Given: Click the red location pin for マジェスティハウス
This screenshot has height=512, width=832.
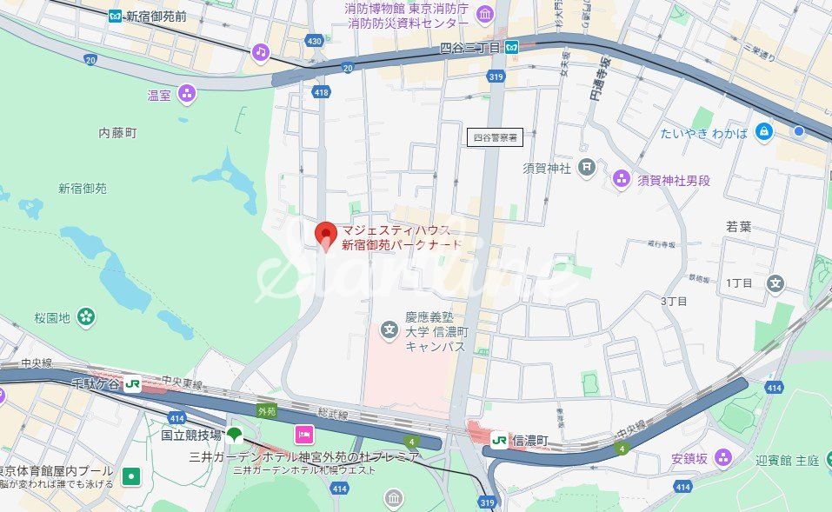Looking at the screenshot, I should pyautogui.click(x=325, y=235).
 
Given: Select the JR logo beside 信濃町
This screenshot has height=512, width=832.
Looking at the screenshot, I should pyautogui.click(x=499, y=441).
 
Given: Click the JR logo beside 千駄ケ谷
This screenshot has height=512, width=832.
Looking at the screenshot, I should pyautogui.click(x=132, y=383).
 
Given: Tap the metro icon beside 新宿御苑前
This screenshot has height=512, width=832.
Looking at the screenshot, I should pyautogui.click(x=116, y=16).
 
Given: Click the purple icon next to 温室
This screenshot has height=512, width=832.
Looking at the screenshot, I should pyautogui.click(x=186, y=94).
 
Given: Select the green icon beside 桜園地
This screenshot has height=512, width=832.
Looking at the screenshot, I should pyautogui.click(x=86, y=317).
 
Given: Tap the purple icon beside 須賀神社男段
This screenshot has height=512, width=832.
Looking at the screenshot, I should pyautogui.click(x=621, y=179).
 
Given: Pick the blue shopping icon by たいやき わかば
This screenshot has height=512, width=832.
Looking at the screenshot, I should pyautogui.click(x=764, y=132).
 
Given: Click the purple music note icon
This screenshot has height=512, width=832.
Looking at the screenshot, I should pyautogui.click(x=261, y=52).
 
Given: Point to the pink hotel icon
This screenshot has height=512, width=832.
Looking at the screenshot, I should pyautogui.click(x=304, y=434).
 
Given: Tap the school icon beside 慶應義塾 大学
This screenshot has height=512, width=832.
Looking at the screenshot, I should pyautogui.click(x=390, y=330).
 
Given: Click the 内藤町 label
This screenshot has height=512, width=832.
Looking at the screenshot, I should pyautogui.click(x=118, y=133).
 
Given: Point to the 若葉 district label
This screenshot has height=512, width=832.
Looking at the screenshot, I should pyautogui.click(x=739, y=226).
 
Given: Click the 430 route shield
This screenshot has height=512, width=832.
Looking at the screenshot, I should pyautogui.click(x=315, y=42).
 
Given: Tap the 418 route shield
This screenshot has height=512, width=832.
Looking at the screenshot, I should pyautogui.click(x=322, y=91).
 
